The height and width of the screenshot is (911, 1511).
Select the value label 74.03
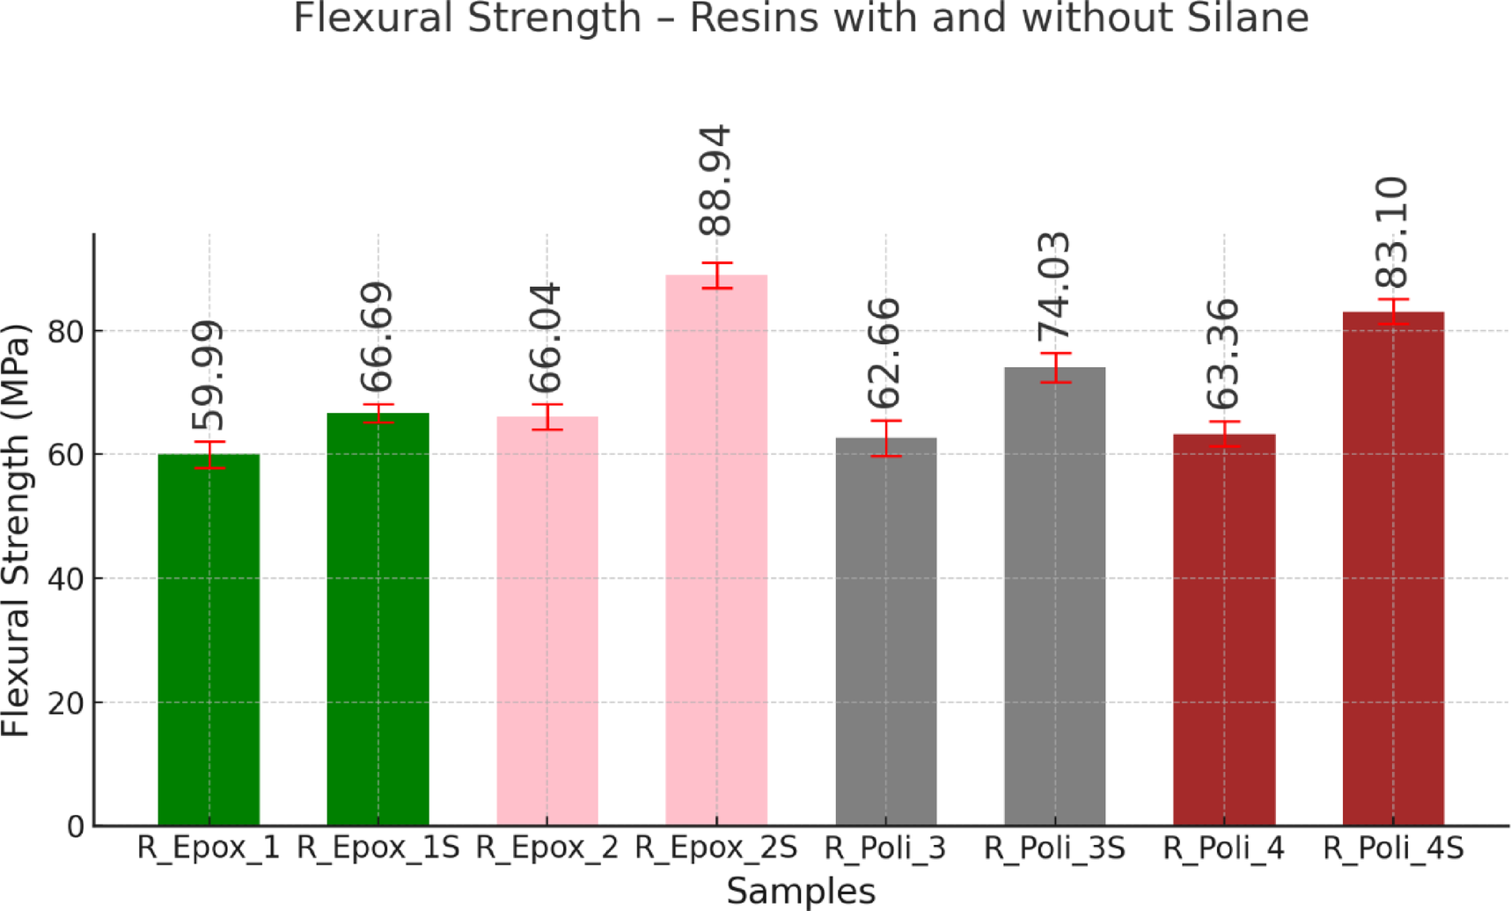click(1053, 285)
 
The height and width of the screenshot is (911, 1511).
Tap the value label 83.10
click(1392, 232)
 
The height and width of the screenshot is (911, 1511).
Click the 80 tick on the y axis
click(65, 332)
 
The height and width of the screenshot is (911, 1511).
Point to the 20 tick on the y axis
click(65, 703)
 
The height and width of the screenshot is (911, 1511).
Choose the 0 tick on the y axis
click(76, 827)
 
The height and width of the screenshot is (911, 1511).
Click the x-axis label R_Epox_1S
click(378, 849)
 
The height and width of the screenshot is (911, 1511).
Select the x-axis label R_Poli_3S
click(1053, 849)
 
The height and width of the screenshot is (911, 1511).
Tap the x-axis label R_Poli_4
click(1223, 849)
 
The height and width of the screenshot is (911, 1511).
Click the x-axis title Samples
click(801, 892)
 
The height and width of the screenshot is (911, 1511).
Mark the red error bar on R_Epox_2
click(547, 417)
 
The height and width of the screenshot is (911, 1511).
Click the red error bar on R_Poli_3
click(885, 438)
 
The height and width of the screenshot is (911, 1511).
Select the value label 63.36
click(1223, 354)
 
